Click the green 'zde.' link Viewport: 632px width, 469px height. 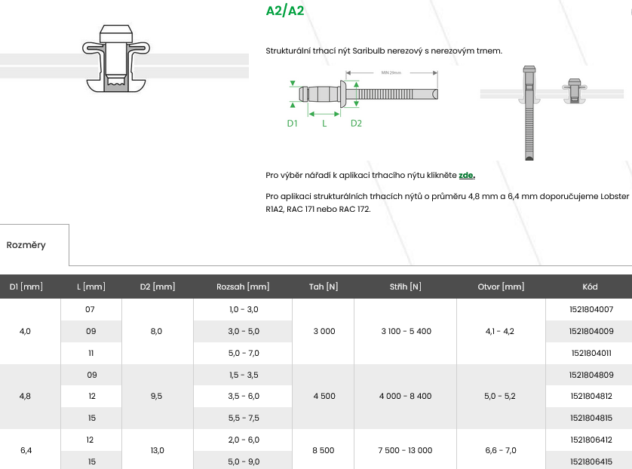(x=467, y=175)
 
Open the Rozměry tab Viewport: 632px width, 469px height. (x=26, y=245)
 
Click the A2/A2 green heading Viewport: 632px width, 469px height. (x=285, y=11)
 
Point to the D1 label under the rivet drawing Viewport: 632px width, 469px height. (x=292, y=124)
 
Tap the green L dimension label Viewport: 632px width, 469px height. (x=324, y=124)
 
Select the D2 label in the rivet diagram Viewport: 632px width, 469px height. (x=356, y=124)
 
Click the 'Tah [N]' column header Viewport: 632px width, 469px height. (x=324, y=287)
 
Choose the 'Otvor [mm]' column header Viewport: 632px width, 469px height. (x=501, y=287)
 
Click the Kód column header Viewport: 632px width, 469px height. (x=590, y=287)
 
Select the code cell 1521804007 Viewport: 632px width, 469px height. (x=591, y=309)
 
